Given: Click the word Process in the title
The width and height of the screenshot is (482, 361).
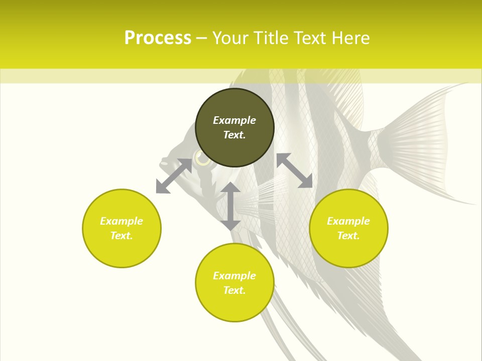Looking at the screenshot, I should pyautogui.click(x=158, y=38).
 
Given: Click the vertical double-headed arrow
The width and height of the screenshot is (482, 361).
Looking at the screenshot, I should pyautogui.click(x=230, y=206).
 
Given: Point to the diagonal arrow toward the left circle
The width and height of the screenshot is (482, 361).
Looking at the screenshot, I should pyautogui.click(x=174, y=176).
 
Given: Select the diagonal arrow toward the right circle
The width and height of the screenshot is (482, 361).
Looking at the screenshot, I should pyautogui.click(x=295, y=170).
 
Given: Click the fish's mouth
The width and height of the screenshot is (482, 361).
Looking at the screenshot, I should pyautogui.click(x=164, y=163).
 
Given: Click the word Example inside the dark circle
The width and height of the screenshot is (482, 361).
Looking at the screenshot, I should pyautogui.click(x=234, y=120).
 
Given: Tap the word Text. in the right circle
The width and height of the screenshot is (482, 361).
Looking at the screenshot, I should pyautogui.click(x=348, y=236).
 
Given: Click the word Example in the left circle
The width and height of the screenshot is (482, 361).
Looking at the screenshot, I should pyautogui.click(x=122, y=221).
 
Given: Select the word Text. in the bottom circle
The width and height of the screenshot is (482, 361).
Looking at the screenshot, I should pyautogui.click(x=234, y=290).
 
